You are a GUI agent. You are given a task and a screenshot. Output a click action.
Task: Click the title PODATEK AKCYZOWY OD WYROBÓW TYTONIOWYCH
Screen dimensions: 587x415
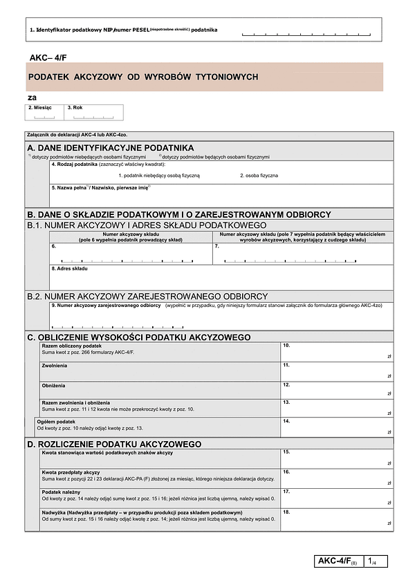pos(143,77)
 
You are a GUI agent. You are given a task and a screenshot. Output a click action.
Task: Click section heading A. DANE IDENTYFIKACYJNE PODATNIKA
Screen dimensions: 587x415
pos(111,148)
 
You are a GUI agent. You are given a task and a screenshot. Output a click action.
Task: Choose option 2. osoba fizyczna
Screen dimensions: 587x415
pos(259,176)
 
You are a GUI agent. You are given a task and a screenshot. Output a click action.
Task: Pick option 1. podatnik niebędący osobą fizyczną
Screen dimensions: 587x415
pos(159,176)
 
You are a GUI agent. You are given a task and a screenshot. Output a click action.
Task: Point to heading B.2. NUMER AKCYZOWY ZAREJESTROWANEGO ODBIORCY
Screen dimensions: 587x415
pos(147,296)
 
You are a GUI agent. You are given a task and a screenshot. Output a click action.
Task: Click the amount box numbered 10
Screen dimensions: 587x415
pos(337,351)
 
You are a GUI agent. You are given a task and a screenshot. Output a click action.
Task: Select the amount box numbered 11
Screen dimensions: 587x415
pos(337,370)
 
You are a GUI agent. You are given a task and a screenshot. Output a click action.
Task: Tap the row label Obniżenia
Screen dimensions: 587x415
pos(54,385)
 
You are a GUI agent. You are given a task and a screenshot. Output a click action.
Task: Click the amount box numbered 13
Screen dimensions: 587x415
pos(337,407)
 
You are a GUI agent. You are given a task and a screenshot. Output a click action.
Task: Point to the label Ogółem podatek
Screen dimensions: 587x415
pos(56,421)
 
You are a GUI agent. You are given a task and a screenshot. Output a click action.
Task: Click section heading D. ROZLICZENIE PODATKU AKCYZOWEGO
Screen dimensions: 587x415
pos(114,443)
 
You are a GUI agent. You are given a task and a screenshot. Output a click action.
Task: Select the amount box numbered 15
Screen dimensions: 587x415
pos(337,458)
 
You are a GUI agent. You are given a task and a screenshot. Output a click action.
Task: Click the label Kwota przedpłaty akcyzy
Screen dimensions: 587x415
pos(71,472)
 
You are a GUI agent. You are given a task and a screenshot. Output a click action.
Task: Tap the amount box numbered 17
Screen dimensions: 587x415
pos(337,497)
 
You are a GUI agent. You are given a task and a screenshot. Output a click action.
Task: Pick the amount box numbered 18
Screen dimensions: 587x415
pos(337,518)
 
